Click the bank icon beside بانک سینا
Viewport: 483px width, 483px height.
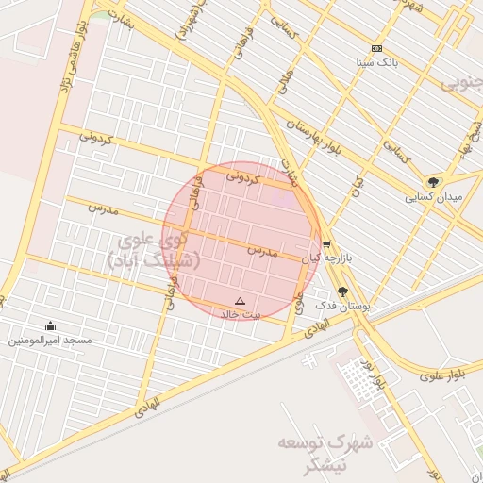coord(376,48)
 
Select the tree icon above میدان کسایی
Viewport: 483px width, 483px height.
coord(433,181)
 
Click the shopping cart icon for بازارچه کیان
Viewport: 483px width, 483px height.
coord(326,242)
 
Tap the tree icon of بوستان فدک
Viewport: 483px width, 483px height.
coord(341,292)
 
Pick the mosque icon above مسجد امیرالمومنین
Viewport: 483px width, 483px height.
coord(50,325)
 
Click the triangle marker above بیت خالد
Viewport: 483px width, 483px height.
coord(240,301)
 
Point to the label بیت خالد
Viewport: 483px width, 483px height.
coord(240,313)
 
